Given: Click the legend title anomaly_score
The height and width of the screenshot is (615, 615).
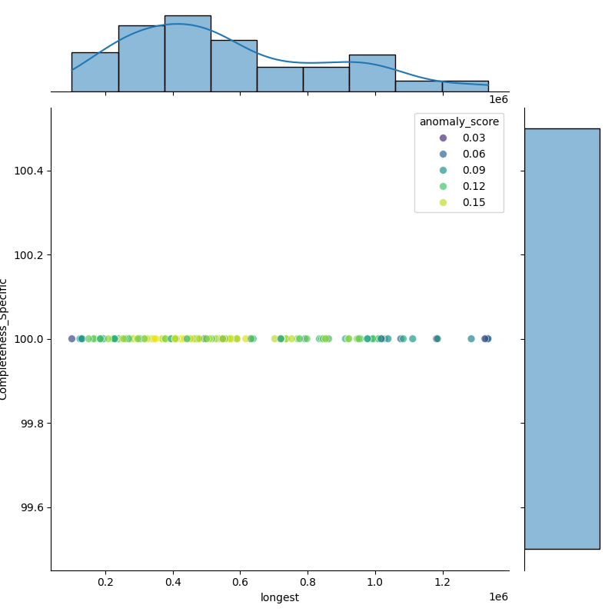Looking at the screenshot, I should [x=459, y=121].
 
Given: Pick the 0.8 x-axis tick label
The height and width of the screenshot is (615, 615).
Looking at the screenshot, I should [x=307, y=583].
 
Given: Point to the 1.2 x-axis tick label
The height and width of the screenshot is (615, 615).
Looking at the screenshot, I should [x=443, y=583].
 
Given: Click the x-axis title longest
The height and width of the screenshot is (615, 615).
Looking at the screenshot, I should [x=280, y=597].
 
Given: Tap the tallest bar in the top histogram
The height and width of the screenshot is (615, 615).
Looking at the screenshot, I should [x=188, y=54].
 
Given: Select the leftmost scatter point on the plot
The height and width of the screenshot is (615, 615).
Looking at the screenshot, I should [x=71, y=339].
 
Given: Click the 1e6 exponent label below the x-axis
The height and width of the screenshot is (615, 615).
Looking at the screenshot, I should [x=498, y=597].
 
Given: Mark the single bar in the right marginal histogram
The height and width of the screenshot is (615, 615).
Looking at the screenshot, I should [x=562, y=338].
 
